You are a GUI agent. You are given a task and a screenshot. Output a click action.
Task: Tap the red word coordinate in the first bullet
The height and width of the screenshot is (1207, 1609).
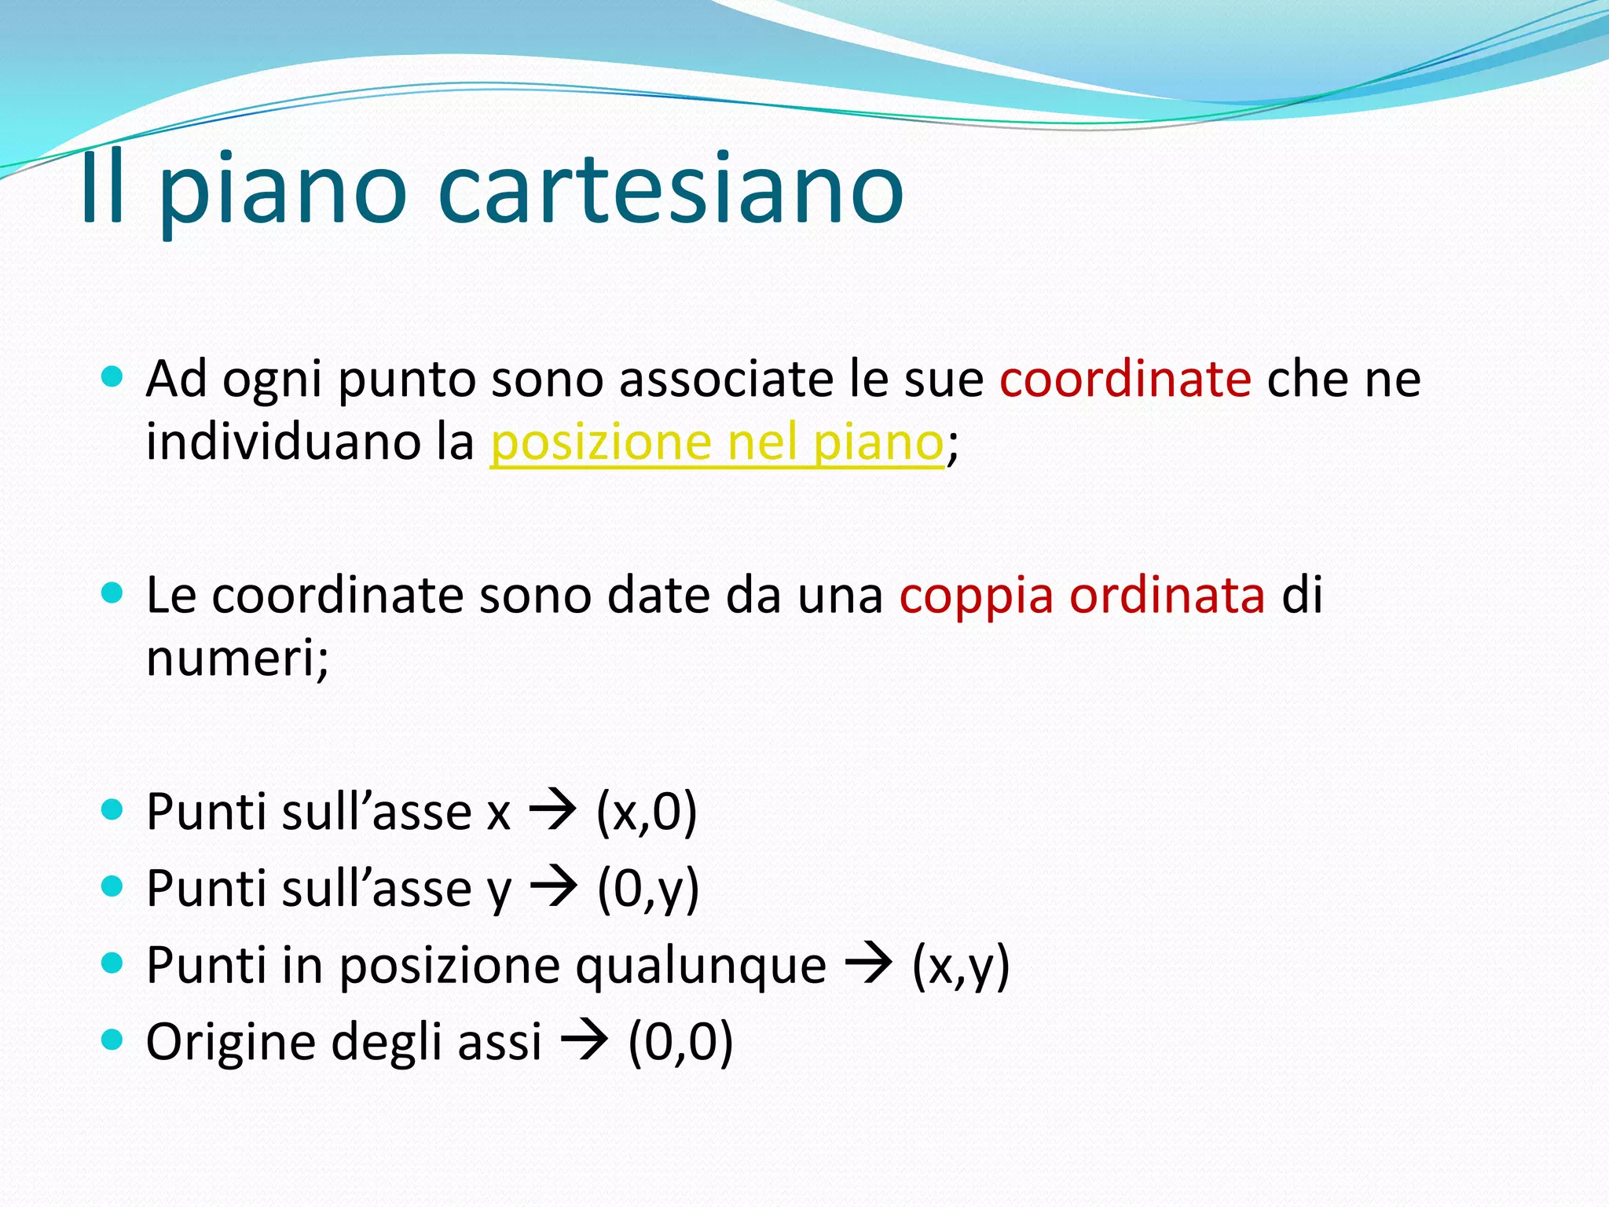click(x=1125, y=379)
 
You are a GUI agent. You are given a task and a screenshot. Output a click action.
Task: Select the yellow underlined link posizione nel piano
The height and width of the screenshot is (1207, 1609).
click(x=717, y=442)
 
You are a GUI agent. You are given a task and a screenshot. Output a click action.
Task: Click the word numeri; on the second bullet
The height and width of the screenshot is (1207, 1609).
click(x=237, y=658)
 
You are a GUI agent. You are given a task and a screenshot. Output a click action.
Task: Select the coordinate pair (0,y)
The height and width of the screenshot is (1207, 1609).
click(x=648, y=889)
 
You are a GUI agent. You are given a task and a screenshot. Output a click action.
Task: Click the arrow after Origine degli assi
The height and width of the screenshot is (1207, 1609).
click(x=584, y=1041)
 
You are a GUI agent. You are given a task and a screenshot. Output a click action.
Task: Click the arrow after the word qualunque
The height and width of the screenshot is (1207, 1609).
click(x=868, y=964)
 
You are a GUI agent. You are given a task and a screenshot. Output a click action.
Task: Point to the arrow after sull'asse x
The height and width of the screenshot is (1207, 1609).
click(x=552, y=811)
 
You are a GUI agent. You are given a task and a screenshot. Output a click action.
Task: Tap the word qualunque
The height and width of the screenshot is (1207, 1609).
click(x=701, y=967)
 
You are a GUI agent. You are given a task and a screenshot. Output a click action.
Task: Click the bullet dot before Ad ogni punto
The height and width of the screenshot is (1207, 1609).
click(x=113, y=376)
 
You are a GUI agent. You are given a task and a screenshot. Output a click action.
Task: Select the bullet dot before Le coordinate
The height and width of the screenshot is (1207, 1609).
click(x=113, y=592)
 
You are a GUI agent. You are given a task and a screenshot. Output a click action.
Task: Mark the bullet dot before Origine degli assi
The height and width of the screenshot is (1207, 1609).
click(x=113, y=1040)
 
